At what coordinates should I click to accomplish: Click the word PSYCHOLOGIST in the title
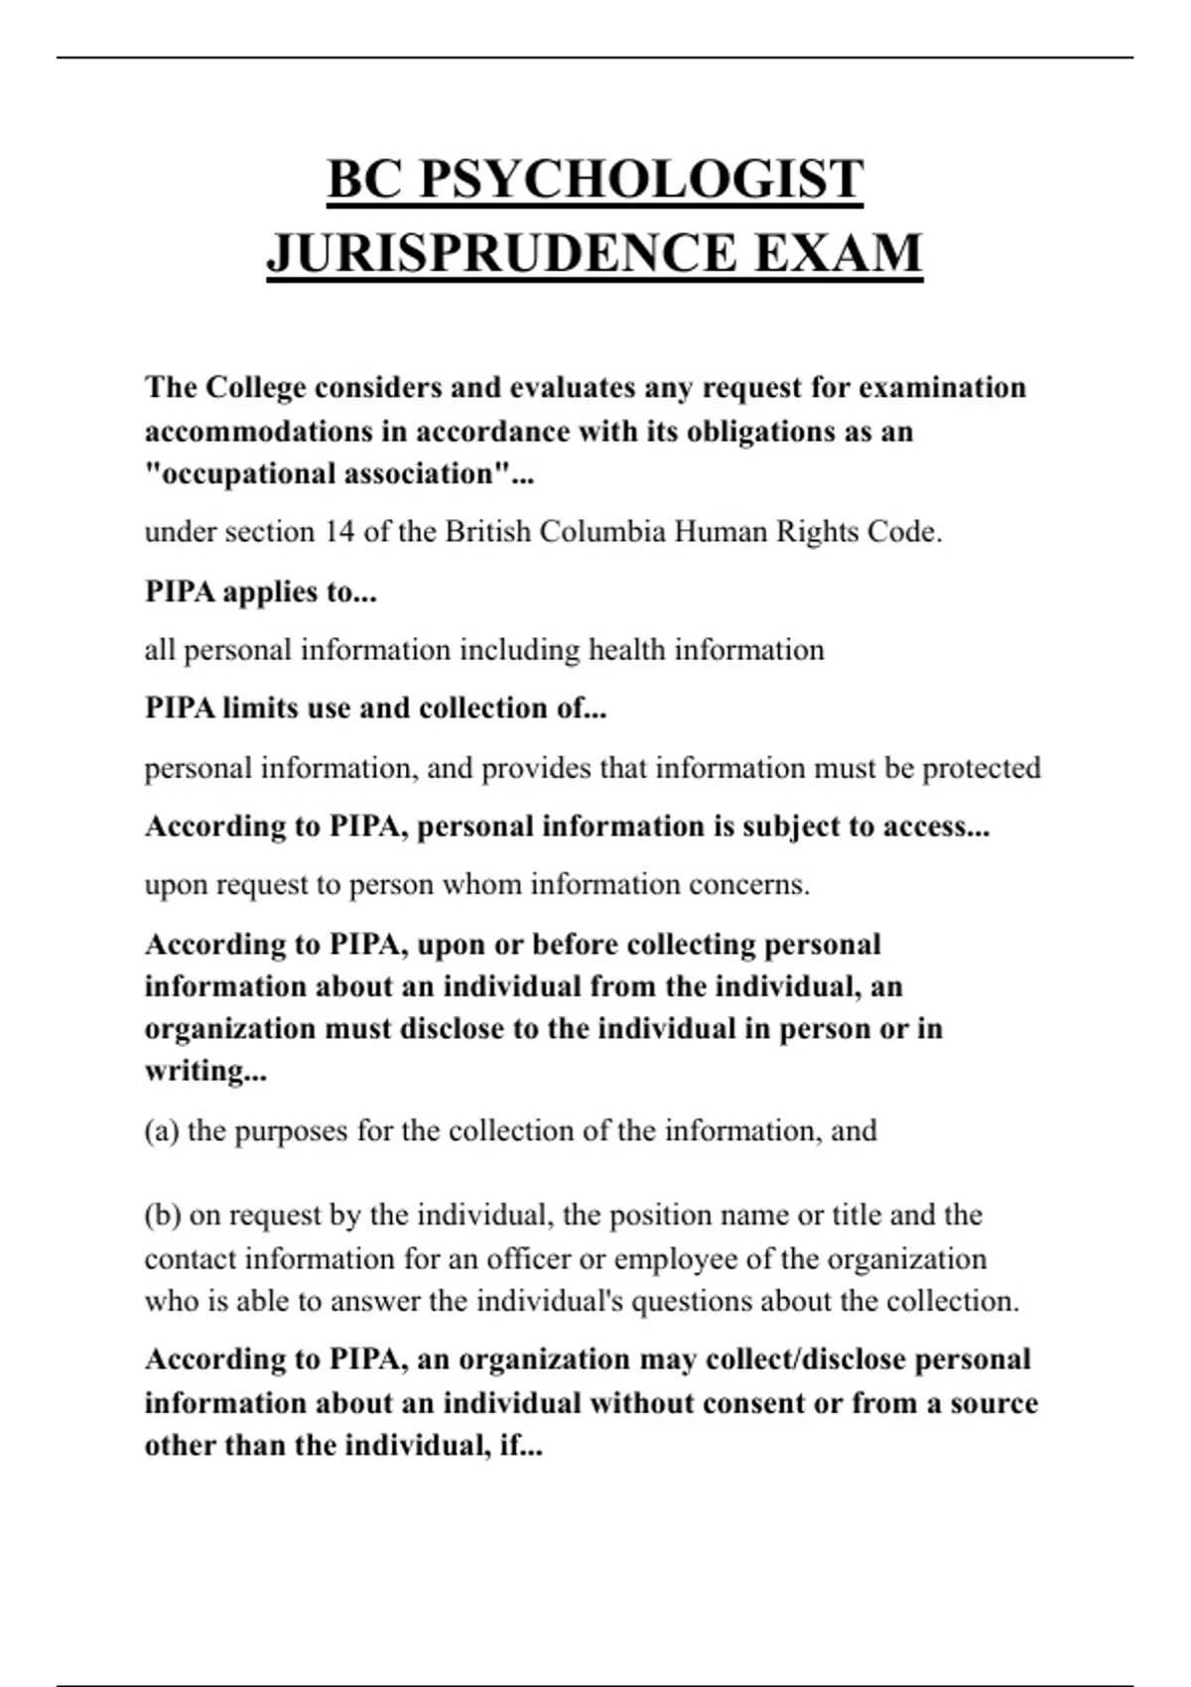[x=641, y=180]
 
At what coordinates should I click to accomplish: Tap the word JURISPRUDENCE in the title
[x=501, y=253]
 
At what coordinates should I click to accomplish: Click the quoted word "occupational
[x=241, y=474]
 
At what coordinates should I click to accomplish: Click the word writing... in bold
[x=205, y=1072]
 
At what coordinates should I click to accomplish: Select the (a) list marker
[x=162, y=1131]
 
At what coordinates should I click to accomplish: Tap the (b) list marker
[x=163, y=1216]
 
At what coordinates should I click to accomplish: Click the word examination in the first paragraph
[x=942, y=387]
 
